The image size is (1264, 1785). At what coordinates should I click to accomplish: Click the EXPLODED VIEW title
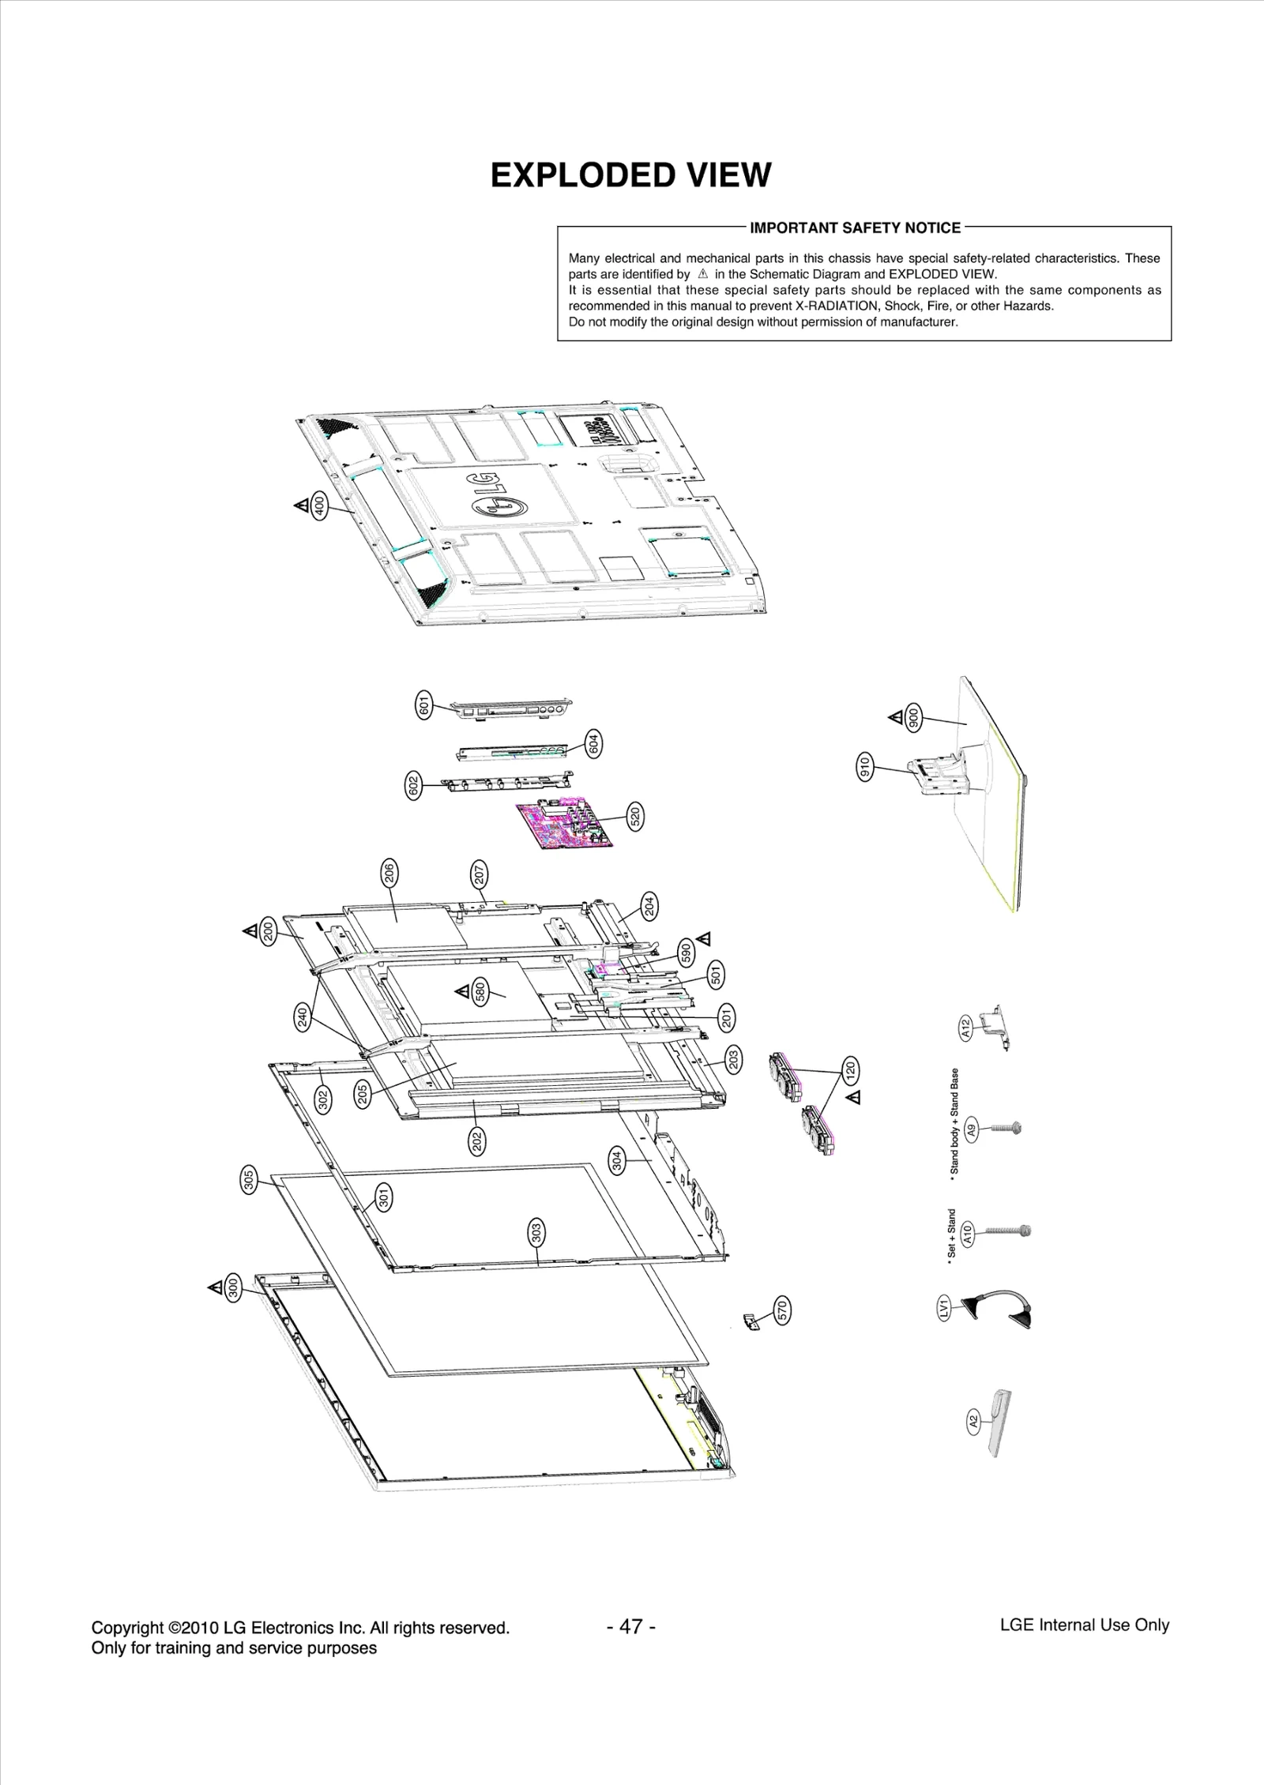(x=630, y=175)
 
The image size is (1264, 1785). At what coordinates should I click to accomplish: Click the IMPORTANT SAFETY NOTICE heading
(x=855, y=228)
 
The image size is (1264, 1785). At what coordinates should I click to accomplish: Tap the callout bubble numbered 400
(x=318, y=505)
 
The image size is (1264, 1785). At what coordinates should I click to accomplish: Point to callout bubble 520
(x=634, y=816)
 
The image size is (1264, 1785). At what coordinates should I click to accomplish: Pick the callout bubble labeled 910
(x=864, y=767)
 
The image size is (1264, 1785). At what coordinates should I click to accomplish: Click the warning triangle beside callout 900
(x=896, y=717)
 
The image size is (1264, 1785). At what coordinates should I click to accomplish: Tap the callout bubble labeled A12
(x=965, y=1028)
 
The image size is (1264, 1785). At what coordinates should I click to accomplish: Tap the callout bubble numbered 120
(x=850, y=1071)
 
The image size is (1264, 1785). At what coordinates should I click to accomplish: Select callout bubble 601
(x=424, y=703)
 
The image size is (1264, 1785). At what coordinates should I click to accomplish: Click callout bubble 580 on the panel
(x=480, y=992)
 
